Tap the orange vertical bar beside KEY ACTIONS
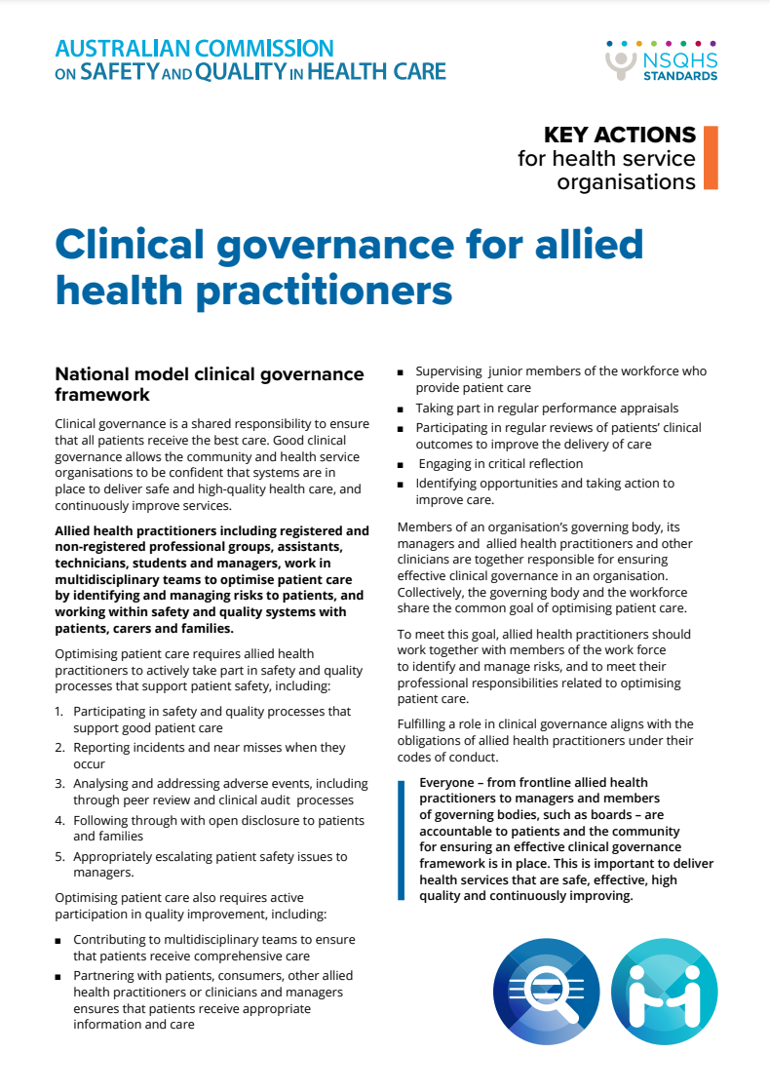[711, 157]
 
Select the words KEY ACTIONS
[619, 135]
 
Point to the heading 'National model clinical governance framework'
[210, 384]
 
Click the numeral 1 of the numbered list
[59, 712]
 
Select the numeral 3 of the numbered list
[59, 784]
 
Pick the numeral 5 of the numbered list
[59, 857]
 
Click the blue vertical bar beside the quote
[401, 838]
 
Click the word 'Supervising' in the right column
[451, 371]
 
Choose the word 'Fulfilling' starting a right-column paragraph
[428, 723]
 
